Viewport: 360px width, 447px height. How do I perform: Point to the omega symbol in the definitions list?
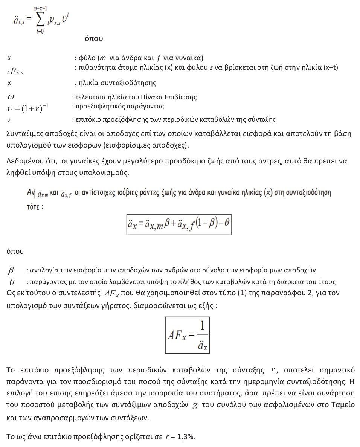click(11, 97)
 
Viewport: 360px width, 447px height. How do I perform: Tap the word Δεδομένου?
click(23, 161)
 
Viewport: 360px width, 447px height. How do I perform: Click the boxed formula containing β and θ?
click(178, 224)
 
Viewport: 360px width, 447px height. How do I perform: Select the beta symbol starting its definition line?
click(11, 270)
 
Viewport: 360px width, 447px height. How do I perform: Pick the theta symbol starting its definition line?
click(12, 282)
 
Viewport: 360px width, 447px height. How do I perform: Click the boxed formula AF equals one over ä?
click(187, 335)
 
